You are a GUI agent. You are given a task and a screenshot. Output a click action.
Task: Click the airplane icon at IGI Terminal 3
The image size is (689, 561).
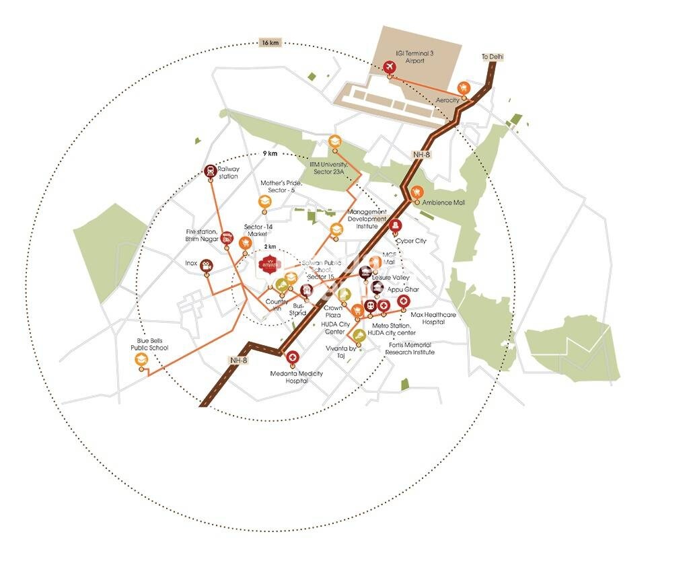[389, 67]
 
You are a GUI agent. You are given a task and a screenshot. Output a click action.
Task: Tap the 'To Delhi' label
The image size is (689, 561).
[492, 57]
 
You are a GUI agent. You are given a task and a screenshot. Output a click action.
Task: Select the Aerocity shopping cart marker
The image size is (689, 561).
[463, 87]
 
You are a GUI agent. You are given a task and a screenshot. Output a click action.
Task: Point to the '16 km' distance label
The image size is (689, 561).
[269, 43]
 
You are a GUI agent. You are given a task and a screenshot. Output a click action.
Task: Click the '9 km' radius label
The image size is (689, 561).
[270, 154]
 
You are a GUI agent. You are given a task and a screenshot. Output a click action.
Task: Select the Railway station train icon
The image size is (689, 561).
[211, 171]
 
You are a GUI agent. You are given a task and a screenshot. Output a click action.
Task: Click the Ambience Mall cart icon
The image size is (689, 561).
[417, 192]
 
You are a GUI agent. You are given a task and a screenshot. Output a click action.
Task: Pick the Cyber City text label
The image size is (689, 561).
[411, 240]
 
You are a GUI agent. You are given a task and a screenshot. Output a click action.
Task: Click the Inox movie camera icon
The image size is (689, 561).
[207, 264]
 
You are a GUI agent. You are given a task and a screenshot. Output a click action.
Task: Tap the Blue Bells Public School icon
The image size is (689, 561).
[141, 360]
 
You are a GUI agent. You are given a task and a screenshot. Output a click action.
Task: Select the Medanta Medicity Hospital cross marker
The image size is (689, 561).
[293, 359]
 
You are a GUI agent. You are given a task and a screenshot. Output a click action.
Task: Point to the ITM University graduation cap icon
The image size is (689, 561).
[334, 143]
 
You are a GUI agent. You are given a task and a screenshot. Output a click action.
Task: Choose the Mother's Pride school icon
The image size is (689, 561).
[264, 202]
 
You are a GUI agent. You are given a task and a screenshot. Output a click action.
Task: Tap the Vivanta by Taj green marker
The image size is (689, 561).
[359, 335]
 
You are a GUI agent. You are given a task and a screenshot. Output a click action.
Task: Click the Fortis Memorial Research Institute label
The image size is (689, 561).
[410, 348]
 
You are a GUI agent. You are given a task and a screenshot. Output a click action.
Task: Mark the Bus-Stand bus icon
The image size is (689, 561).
[306, 291]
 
